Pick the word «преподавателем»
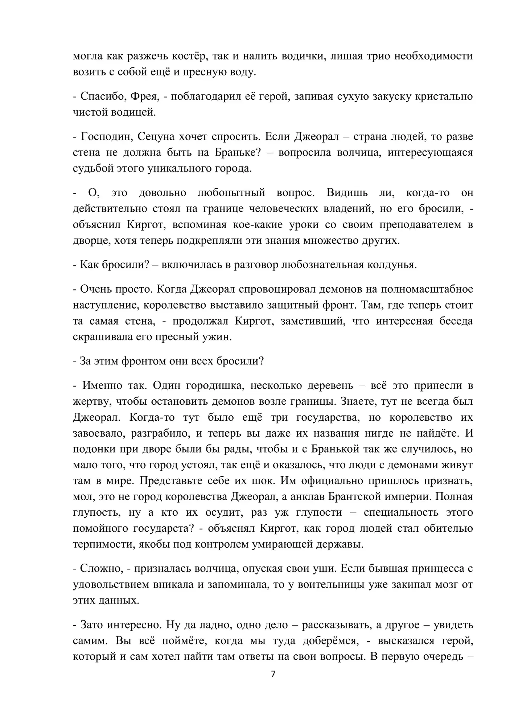coord(421,224)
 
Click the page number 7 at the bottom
coord(273,674)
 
